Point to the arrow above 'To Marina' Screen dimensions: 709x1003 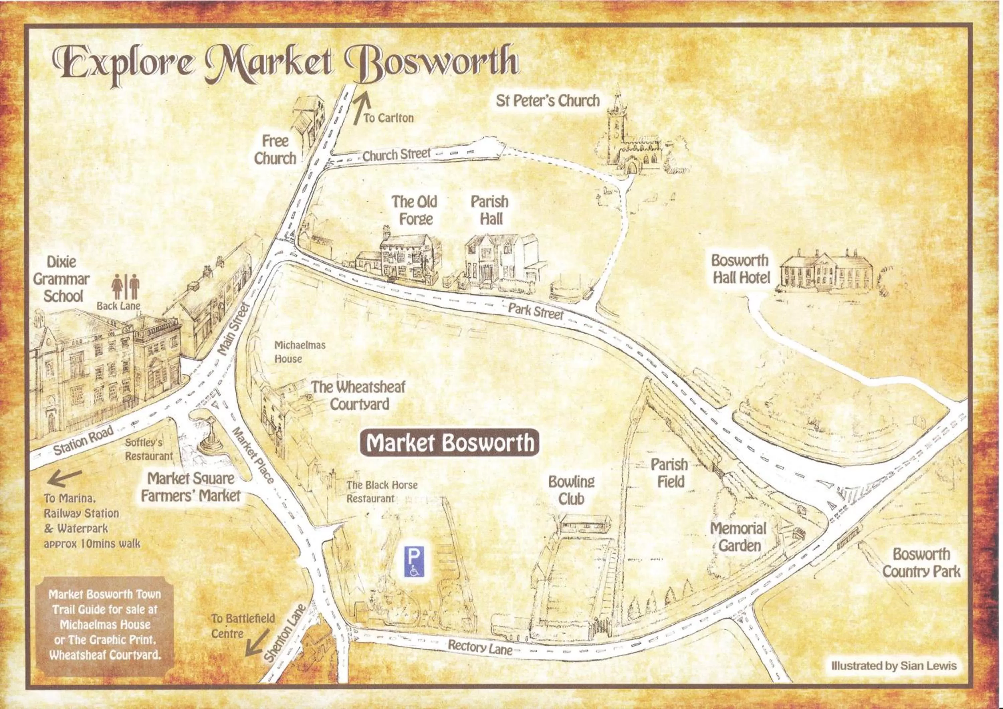pos(64,478)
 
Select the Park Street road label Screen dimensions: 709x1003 pos(536,311)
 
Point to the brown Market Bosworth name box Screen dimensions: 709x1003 pos(450,443)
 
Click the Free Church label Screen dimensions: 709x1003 pos(275,150)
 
